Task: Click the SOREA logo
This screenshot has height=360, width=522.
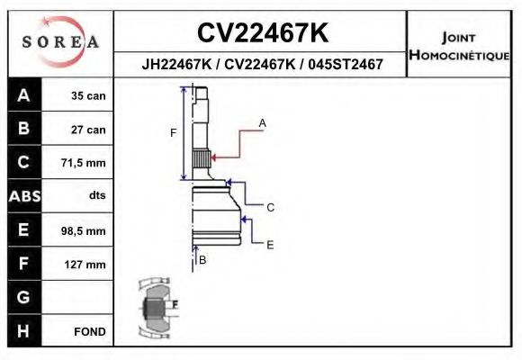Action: (60, 42)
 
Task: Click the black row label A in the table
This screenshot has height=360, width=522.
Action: (23, 95)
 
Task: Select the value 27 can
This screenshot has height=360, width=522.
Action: (88, 130)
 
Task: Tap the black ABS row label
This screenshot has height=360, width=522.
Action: (23, 196)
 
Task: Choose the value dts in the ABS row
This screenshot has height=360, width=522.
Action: (96, 196)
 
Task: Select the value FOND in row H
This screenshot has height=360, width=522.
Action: (90, 331)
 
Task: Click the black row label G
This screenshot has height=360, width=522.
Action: (23, 297)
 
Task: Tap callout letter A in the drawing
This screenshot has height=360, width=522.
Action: (263, 121)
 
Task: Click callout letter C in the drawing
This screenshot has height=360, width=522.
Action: (269, 207)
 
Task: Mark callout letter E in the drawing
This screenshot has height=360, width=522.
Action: (269, 244)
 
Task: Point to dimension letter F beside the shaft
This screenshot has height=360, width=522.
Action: (174, 133)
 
